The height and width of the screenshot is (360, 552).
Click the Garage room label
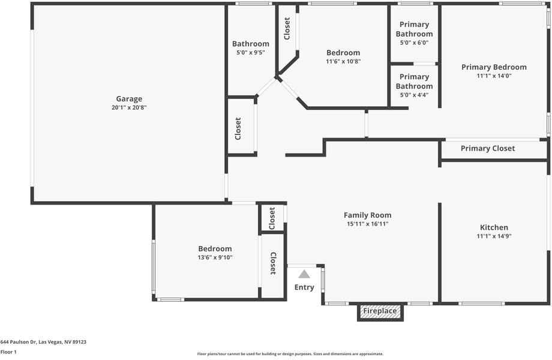click(x=129, y=99)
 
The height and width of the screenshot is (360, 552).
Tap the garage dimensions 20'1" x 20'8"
click(x=129, y=108)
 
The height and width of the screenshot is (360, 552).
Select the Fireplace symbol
click(x=380, y=311)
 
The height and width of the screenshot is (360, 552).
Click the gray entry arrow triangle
click(x=304, y=274)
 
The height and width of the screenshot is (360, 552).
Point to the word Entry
click(x=304, y=287)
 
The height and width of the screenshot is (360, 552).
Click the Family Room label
click(x=367, y=215)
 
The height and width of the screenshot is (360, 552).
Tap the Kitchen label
click(x=494, y=227)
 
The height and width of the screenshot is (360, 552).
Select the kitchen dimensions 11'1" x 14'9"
click(x=494, y=236)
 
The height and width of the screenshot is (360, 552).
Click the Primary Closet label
click(x=487, y=148)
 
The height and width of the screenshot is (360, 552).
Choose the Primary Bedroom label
click(x=494, y=67)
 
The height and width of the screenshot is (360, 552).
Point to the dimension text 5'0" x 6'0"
click(x=414, y=43)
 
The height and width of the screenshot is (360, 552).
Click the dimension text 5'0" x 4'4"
click(x=414, y=95)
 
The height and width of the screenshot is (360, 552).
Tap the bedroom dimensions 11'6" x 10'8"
click(x=343, y=61)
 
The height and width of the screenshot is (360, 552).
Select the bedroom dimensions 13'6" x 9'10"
click(x=215, y=257)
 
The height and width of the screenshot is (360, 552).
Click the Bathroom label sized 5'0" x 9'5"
click(x=250, y=44)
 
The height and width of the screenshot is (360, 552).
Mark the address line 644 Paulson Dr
click(x=43, y=342)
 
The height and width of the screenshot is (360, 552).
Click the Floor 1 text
click(x=8, y=352)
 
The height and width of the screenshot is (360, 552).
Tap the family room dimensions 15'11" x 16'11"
click(x=367, y=224)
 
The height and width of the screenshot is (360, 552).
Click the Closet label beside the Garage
click(x=238, y=128)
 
